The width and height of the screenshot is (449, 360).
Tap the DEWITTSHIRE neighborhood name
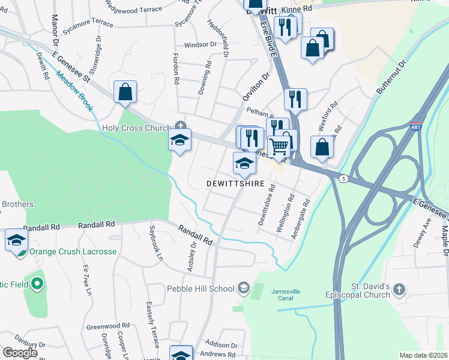[236, 183]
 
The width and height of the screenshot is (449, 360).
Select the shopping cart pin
[279, 146]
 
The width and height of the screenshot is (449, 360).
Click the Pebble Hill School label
[200, 289]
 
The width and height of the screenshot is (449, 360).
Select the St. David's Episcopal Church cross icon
[400, 291]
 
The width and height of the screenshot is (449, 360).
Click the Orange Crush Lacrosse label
[73, 251]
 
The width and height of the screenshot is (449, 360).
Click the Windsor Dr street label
[200, 44]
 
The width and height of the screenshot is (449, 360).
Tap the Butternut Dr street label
[391, 76]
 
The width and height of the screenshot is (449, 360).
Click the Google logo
[20, 352]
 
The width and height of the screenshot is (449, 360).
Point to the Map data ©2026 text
[423, 355]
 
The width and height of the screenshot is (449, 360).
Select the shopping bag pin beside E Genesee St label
[125, 92]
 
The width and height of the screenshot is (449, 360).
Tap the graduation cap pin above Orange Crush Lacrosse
[16, 241]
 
